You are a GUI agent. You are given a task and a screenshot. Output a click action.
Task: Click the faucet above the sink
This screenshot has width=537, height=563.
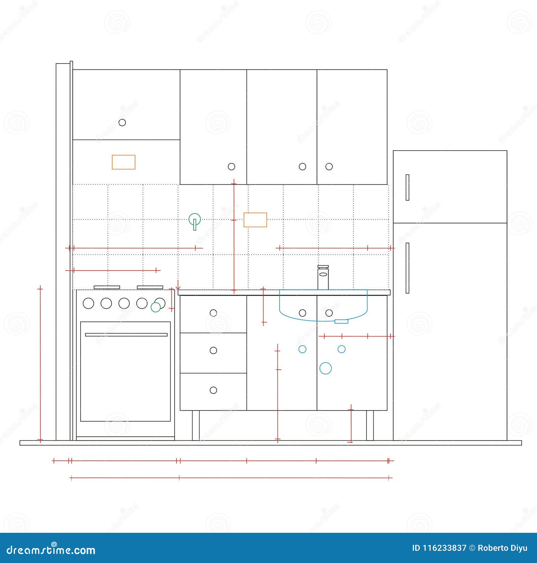[323, 277]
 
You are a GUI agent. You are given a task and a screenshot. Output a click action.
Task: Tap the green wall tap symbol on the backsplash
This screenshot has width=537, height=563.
[195, 220]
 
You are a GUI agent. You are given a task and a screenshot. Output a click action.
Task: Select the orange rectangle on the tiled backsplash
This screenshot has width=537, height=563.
[255, 220]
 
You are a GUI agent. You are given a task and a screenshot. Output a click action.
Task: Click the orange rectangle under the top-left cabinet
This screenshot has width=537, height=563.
[124, 162]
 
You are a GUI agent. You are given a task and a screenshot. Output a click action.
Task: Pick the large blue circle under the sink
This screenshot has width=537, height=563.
[325, 368]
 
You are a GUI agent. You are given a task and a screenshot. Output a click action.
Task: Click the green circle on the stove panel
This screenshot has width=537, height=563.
[155, 307]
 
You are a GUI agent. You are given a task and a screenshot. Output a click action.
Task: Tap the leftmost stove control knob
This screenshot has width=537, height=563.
[88, 303]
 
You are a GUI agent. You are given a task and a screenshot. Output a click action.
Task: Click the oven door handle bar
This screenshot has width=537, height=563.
[126, 335]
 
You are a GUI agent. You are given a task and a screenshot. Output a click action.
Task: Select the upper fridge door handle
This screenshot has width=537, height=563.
[407, 187]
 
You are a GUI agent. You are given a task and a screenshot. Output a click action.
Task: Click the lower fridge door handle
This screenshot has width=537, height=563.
[407, 268]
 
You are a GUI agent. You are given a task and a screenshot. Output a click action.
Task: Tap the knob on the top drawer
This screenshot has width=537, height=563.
[213, 313]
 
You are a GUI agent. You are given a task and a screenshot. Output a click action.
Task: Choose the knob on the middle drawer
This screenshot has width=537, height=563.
[213, 350]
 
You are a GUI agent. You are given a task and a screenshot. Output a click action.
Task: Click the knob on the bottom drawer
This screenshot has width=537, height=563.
[213, 390]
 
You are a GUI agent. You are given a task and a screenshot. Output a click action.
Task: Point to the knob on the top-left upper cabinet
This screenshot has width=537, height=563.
[122, 122]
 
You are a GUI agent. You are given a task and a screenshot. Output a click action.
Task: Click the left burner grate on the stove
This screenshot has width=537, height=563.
[107, 287]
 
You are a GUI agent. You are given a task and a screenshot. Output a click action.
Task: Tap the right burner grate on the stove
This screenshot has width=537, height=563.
[150, 287]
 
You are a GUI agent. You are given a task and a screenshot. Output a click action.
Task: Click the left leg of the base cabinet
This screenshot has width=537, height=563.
[196, 425]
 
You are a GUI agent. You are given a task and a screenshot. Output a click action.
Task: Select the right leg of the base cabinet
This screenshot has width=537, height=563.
[370, 425]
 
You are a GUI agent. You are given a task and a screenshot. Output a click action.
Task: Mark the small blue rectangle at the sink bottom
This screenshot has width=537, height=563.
[341, 321]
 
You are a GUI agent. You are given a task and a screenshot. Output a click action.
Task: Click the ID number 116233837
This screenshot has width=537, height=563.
[439, 548]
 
